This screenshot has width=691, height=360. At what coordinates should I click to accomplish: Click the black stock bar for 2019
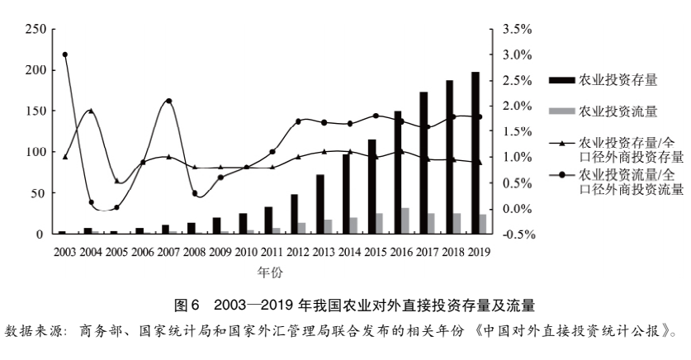pyautogui.click(x=476, y=153)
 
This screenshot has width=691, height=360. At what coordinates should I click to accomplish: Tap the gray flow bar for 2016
pyautogui.click(x=405, y=220)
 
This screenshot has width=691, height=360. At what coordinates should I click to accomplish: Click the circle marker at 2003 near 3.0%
pyautogui.click(x=64, y=54)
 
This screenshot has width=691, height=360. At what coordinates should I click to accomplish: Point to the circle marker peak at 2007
pyautogui.click(x=168, y=101)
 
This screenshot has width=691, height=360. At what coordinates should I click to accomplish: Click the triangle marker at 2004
pyautogui.click(x=91, y=111)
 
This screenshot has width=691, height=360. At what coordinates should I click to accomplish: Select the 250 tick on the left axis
pyautogui.click(x=35, y=29)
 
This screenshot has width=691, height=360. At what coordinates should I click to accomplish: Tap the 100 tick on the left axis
pyautogui.click(x=35, y=152)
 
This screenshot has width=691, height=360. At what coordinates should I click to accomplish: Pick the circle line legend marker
pyautogui.click(x=561, y=176)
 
